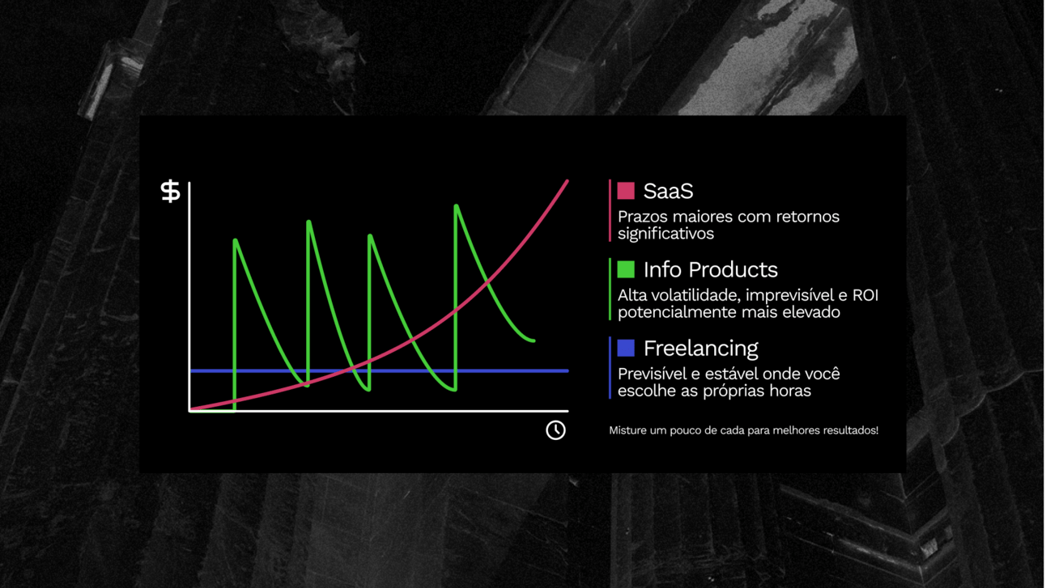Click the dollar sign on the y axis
(171, 191)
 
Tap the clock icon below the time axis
(555, 429)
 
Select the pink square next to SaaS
(626, 191)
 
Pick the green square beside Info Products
(626, 269)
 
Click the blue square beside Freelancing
(626, 348)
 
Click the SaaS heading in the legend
(668, 191)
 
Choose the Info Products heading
(711, 269)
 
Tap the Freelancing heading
(701, 349)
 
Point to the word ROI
(865, 295)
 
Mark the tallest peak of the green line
(457, 205)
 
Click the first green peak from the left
(235, 240)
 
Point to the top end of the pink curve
(568, 181)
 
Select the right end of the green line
(534, 341)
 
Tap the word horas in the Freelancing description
(792, 391)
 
